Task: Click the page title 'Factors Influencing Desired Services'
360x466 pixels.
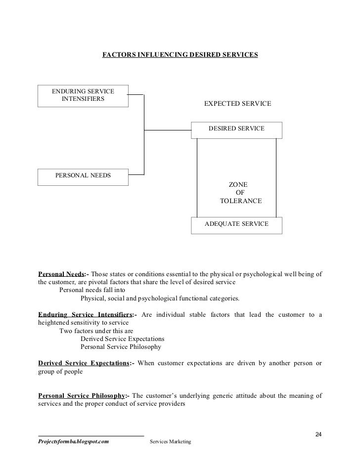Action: click(x=180, y=55)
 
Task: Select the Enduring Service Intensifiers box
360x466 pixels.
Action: click(x=83, y=95)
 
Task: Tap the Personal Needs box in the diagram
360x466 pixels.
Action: click(x=83, y=176)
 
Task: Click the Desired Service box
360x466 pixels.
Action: click(x=236, y=129)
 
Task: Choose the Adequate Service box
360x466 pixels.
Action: click(x=236, y=225)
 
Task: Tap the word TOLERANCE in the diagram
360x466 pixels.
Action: click(x=240, y=202)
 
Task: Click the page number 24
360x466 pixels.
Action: click(x=318, y=434)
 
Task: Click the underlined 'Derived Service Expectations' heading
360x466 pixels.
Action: click(x=83, y=363)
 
